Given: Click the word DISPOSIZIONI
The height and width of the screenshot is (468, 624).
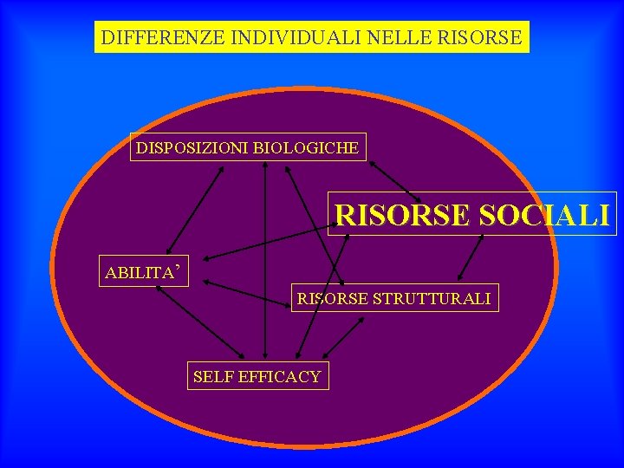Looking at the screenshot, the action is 192,148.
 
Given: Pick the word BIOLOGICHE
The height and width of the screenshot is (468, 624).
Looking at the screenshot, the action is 306,148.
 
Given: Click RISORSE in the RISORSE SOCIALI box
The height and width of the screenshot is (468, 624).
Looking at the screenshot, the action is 403,215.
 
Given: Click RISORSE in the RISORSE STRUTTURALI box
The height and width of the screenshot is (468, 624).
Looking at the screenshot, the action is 334,299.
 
